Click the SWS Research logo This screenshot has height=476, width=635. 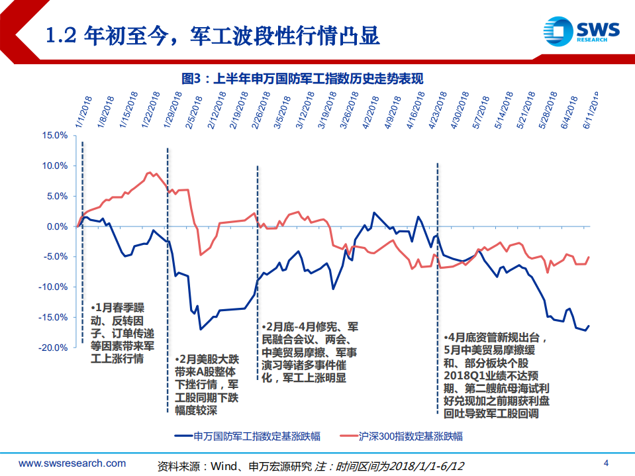[581, 31]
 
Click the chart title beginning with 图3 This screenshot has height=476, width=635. [302, 78]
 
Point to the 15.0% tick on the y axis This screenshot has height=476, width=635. [54, 136]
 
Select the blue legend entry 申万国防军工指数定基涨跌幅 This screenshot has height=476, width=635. [248, 436]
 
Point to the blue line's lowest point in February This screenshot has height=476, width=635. [201, 329]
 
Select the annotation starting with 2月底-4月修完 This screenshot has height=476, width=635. [309, 352]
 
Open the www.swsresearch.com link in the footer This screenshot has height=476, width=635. [72, 463]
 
